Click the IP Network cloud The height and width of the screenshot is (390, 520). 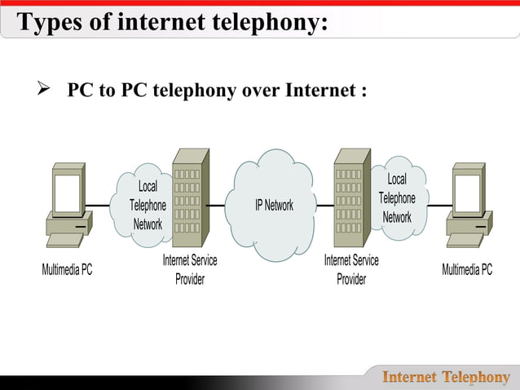(273, 205)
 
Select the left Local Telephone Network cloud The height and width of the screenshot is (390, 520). (148, 206)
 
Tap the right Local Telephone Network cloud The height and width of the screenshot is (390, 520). (397, 199)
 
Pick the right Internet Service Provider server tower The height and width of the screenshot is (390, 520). (350, 200)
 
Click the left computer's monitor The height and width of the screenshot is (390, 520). (68, 191)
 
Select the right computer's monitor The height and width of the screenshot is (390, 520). (469, 191)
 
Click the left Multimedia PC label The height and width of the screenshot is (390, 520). (67, 270)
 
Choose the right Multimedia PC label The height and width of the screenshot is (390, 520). (467, 269)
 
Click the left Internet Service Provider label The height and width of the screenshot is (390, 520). (190, 269)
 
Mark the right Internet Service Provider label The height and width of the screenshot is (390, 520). (351, 269)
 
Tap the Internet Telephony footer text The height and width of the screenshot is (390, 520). (446, 377)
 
